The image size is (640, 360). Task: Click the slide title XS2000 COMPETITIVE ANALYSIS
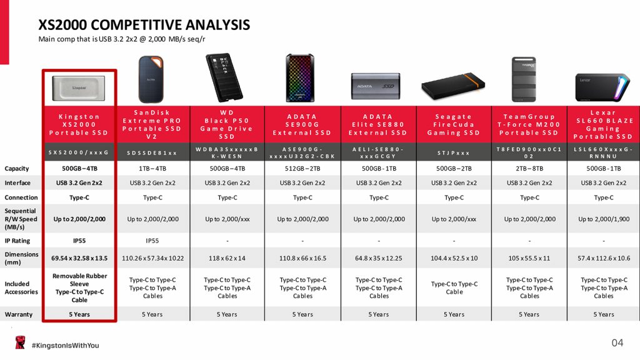pyautogui.click(x=144, y=25)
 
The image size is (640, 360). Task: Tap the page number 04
pyautogui.click(x=617, y=343)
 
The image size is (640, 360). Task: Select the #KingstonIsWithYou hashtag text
pyautogui.click(x=65, y=345)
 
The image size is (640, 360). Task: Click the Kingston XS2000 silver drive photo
pyautogui.click(x=79, y=88)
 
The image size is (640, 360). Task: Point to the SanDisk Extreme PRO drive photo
pyautogui.click(x=151, y=79)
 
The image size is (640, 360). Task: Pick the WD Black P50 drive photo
pyautogui.click(x=224, y=77)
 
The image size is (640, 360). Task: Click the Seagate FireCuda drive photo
pyautogui.click(x=453, y=86)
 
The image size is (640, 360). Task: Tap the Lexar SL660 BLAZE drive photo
pyautogui.click(x=603, y=87)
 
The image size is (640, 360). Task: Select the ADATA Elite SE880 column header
pyautogui.click(x=378, y=124)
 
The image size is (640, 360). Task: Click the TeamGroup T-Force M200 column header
pyautogui.click(x=529, y=124)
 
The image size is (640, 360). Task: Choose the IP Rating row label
pyautogui.click(x=17, y=241)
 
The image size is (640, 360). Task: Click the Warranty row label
pyautogui.click(x=18, y=314)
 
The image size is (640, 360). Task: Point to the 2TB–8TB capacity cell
pyautogui.click(x=529, y=169)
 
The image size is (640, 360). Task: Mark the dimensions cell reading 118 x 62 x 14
pyautogui.click(x=227, y=258)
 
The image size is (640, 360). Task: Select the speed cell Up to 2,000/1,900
pyautogui.click(x=604, y=219)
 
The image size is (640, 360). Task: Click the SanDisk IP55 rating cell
pyautogui.click(x=152, y=241)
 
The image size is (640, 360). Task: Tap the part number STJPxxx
pyautogui.click(x=454, y=153)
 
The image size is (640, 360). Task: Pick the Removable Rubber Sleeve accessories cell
pyautogui.click(x=79, y=287)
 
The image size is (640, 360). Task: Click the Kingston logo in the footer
pyautogui.click(x=20, y=342)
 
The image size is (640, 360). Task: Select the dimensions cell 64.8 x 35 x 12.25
pyautogui.click(x=378, y=258)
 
